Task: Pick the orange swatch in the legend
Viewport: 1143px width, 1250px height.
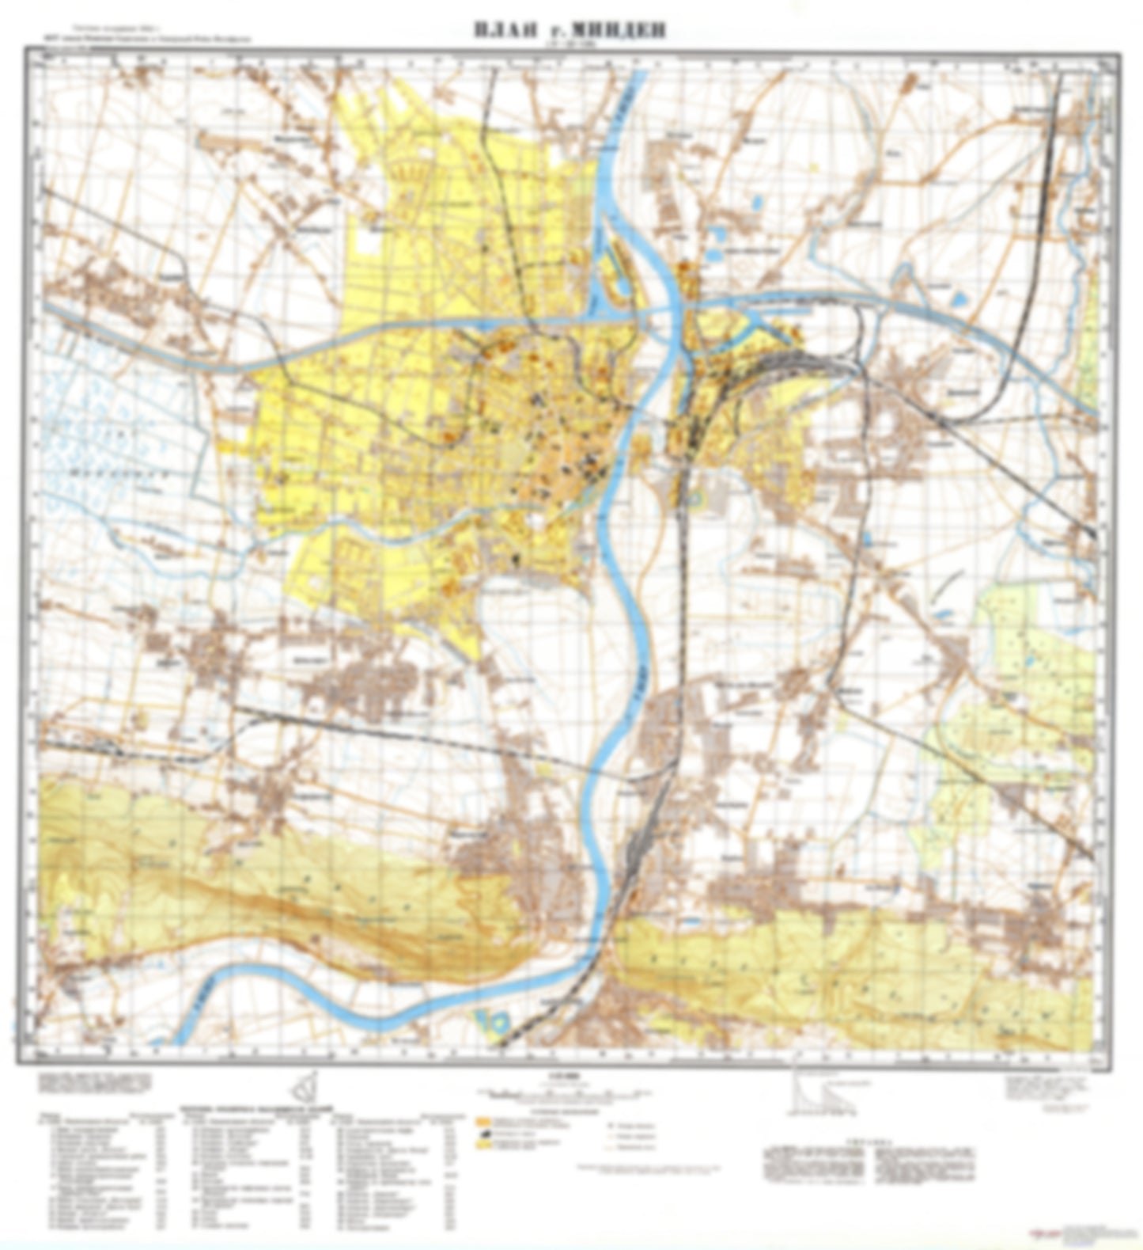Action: (480, 1121)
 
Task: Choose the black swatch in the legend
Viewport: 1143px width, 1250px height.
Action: (480, 1134)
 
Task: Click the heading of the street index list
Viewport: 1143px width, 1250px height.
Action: (253, 1110)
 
